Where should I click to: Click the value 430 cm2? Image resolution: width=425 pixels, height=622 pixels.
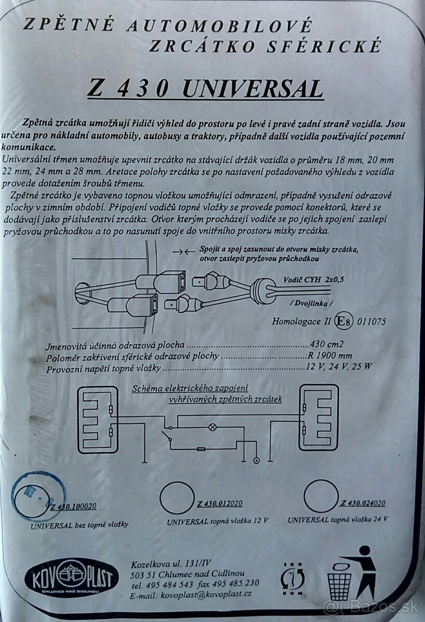[326, 344]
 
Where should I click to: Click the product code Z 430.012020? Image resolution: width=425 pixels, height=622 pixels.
[220, 503]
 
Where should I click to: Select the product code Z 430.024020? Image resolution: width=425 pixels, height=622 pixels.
[363, 502]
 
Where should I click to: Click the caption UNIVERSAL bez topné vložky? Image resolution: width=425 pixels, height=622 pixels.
[79, 524]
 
